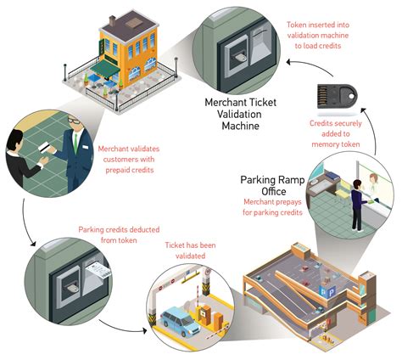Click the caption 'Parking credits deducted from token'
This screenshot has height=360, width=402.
click(x=110, y=233)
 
